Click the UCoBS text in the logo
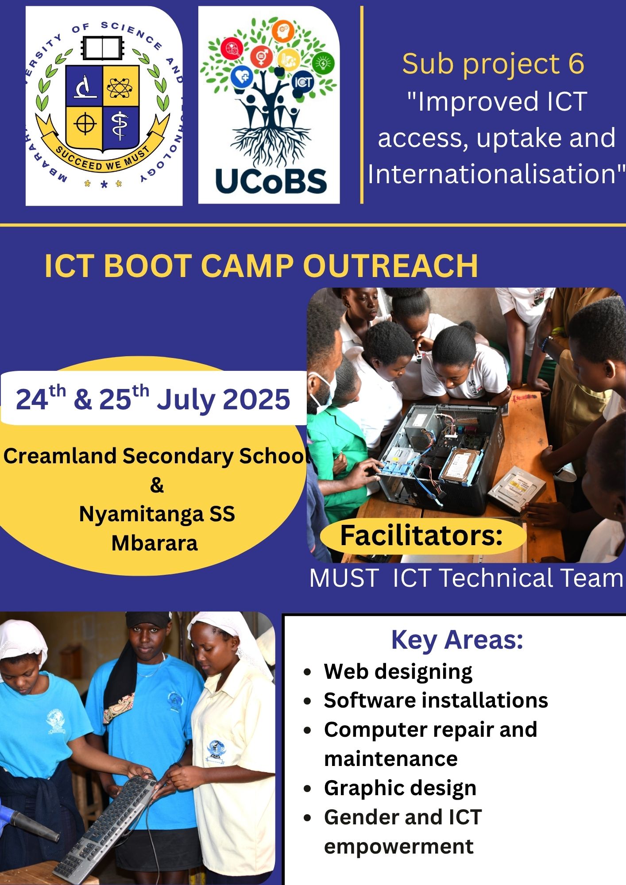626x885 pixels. [x=271, y=181]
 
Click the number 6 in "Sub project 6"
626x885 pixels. [x=576, y=64]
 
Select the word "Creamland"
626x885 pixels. [x=60, y=456]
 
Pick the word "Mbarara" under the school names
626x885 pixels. [x=155, y=543]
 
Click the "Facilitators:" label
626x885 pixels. [x=421, y=535]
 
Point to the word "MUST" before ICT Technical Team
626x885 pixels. [x=344, y=578]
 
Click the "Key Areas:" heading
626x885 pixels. [x=457, y=639]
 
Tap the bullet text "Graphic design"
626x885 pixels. [x=400, y=789]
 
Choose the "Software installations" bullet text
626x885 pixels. [x=436, y=700]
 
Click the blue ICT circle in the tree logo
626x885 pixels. [x=303, y=82]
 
